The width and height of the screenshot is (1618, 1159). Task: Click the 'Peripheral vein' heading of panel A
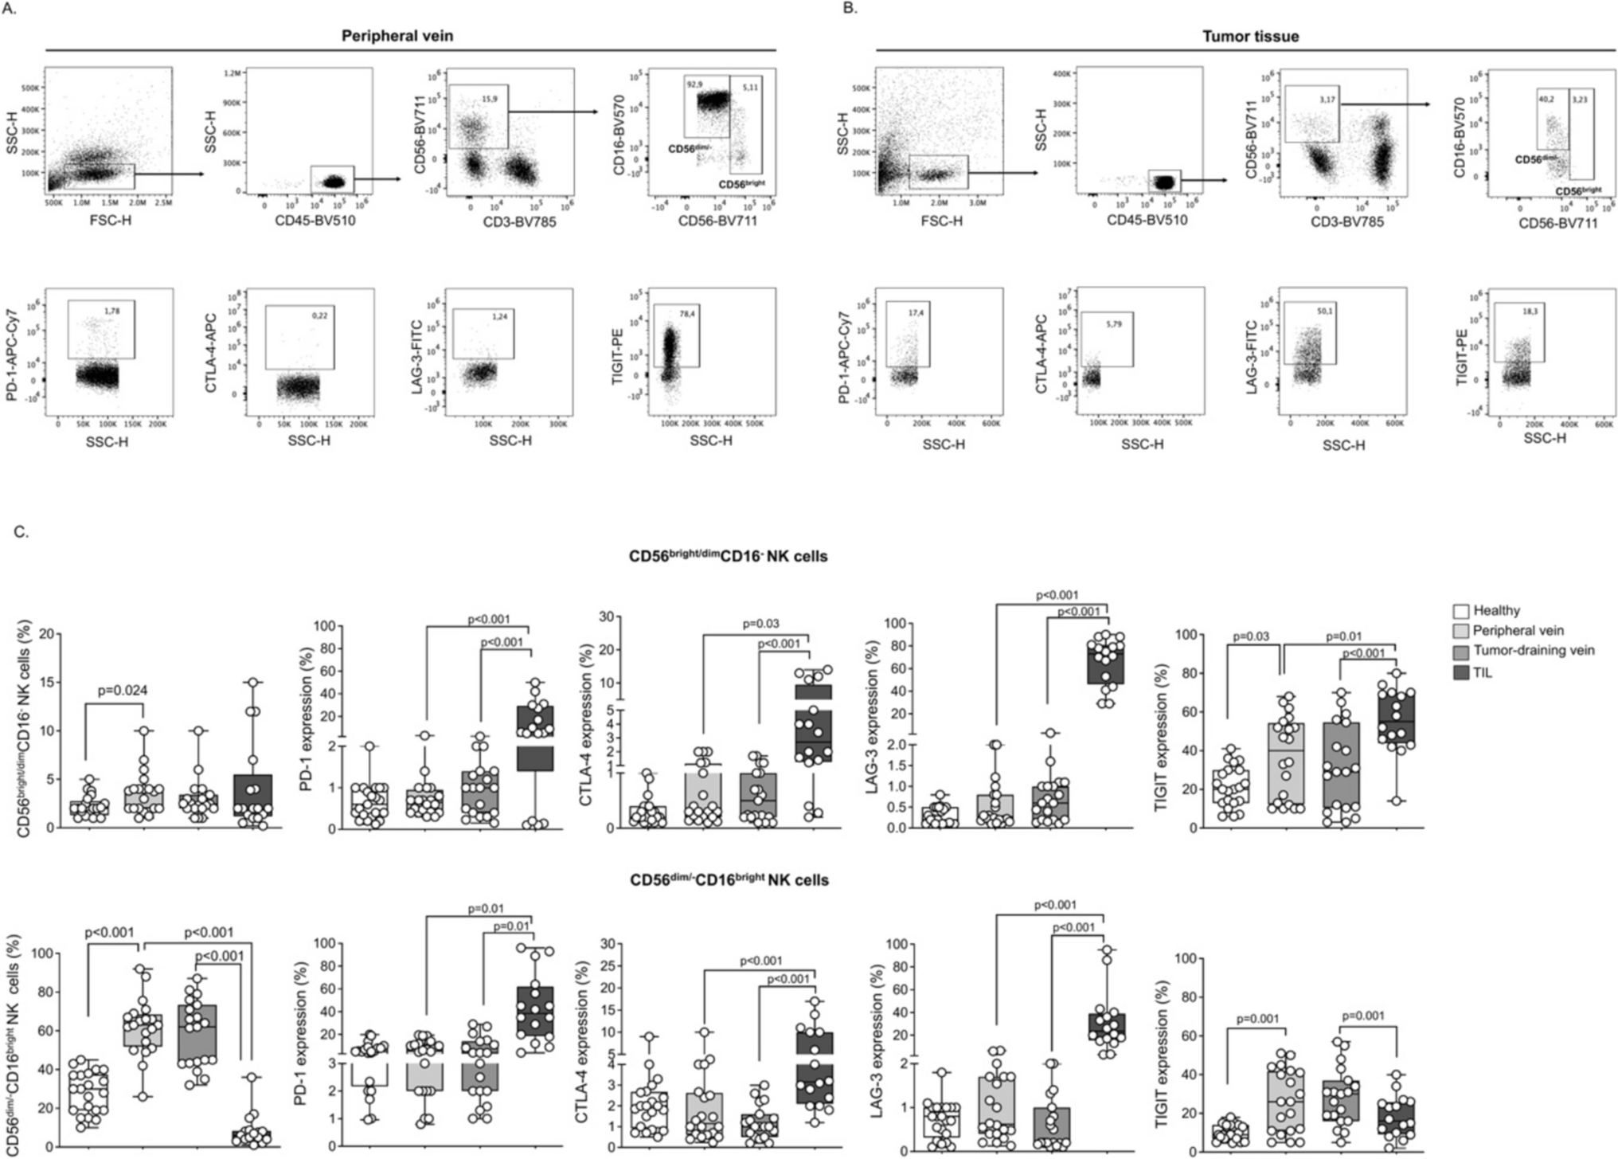[x=397, y=36]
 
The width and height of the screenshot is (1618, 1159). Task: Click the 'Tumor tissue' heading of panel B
[x=1250, y=37]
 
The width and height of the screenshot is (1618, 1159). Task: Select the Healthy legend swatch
[x=1461, y=611]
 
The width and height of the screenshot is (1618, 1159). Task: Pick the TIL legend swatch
[x=1461, y=672]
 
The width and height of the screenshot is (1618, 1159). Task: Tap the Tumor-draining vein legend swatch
[x=1461, y=651]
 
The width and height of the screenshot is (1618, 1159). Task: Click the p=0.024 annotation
[x=123, y=690]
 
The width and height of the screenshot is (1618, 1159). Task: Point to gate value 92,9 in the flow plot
[x=695, y=84]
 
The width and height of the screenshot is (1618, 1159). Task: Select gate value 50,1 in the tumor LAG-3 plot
[x=1324, y=311]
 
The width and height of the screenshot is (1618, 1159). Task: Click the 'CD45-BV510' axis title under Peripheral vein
[x=315, y=220]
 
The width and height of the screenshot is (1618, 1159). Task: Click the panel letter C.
[x=21, y=531]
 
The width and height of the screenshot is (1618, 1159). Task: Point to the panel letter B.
[x=850, y=8]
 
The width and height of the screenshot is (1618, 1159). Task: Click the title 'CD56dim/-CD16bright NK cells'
[x=729, y=879]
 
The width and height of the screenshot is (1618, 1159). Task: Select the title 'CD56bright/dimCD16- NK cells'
[x=728, y=556]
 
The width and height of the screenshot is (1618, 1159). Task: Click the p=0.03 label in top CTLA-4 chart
[x=760, y=624]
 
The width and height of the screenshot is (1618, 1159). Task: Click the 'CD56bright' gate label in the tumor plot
[x=1578, y=191]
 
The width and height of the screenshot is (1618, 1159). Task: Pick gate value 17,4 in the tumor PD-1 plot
[x=916, y=313]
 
